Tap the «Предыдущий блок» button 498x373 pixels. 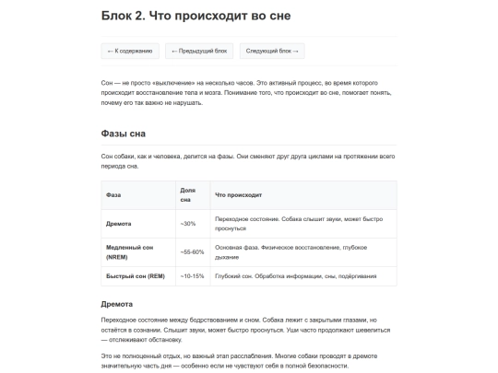[x=198, y=52]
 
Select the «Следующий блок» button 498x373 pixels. [x=272, y=52]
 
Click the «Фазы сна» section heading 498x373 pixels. [x=123, y=134]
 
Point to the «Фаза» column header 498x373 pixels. [x=113, y=195]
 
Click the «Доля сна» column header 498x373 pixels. [x=187, y=195]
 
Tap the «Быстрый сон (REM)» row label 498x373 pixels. [x=135, y=276]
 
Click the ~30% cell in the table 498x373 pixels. [x=187, y=224]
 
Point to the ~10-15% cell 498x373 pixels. [x=192, y=276]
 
